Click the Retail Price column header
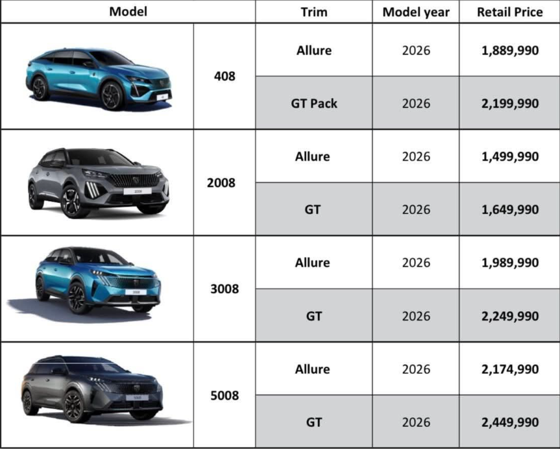click(x=509, y=12)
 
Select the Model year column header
click(x=416, y=12)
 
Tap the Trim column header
click(x=313, y=12)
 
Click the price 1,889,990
click(x=509, y=50)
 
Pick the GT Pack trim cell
click(x=313, y=103)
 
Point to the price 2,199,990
click(x=509, y=103)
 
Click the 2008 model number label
click(x=221, y=183)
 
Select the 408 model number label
click(x=224, y=77)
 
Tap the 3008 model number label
click(x=224, y=289)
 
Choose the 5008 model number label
click(x=224, y=395)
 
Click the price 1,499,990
click(x=509, y=156)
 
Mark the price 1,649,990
click(x=509, y=210)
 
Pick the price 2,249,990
click(x=509, y=316)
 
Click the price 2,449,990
click(x=509, y=422)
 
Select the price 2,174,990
click(x=509, y=369)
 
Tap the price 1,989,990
click(x=509, y=263)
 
